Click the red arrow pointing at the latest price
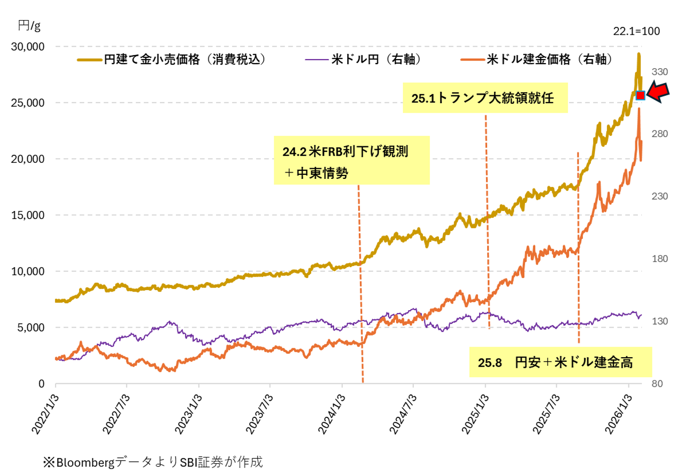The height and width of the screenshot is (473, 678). [657, 92]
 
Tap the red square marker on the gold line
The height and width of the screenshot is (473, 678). [640, 95]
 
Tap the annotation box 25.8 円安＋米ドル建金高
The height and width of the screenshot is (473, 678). [560, 362]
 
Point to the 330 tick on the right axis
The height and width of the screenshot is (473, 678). [659, 72]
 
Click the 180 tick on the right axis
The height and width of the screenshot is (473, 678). [659, 259]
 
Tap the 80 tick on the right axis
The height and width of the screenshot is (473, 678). [656, 384]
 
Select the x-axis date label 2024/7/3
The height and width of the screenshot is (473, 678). [404, 414]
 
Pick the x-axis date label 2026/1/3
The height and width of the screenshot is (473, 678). [619, 414]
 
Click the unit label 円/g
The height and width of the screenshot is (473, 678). [29, 25]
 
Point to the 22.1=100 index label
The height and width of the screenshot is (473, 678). [636, 31]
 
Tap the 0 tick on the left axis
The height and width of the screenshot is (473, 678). [42, 384]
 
